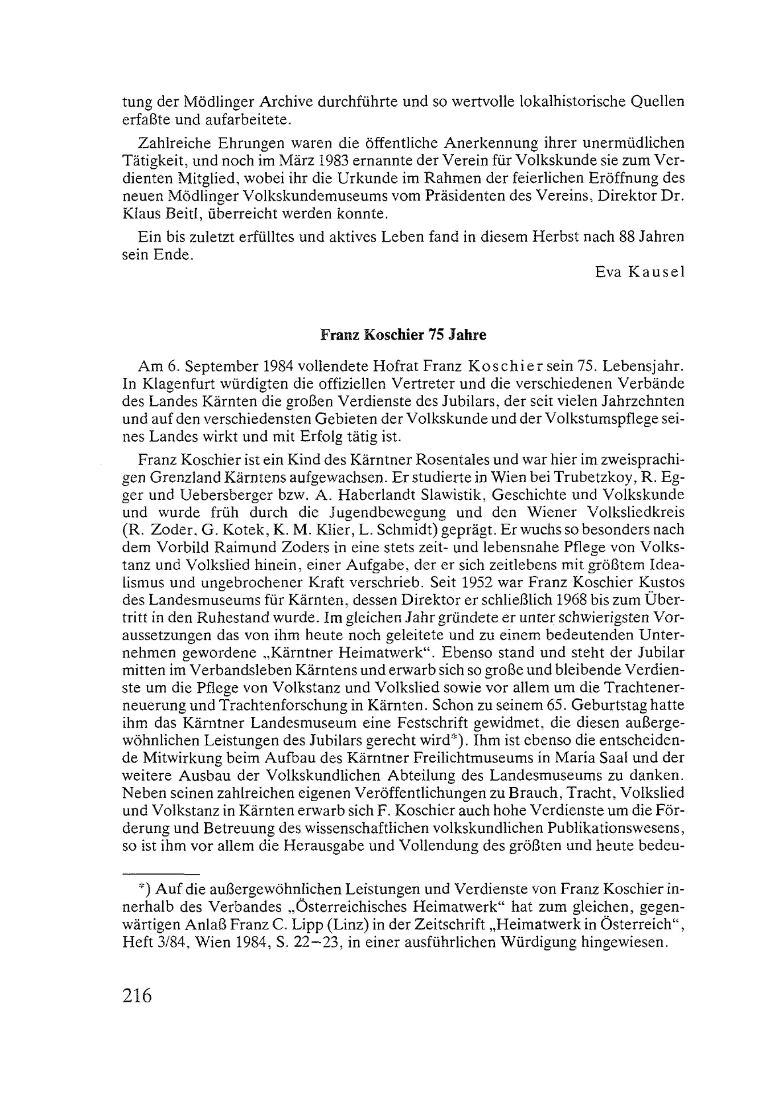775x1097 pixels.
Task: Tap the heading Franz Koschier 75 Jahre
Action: click(x=403, y=335)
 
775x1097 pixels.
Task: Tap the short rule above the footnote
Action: click(x=160, y=873)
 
